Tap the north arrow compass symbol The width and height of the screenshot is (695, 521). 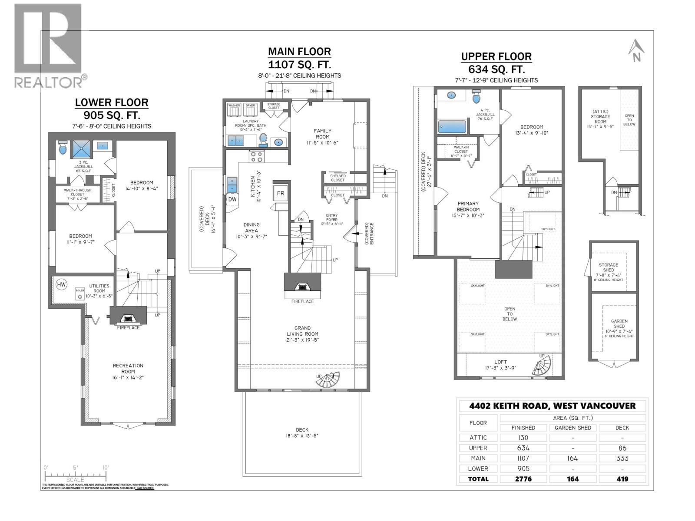[x=635, y=50]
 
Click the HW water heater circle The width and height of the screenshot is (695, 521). [x=61, y=284]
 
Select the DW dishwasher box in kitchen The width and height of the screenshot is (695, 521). [x=232, y=199]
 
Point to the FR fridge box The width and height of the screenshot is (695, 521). [x=281, y=193]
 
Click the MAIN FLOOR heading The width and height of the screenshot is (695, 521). [x=299, y=52]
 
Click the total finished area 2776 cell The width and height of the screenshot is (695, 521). [x=523, y=479]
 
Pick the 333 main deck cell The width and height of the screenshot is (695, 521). [x=622, y=458]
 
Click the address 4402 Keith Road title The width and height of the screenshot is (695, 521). [x=552, y=406]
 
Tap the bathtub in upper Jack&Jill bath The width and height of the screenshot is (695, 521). [x=452, y=126]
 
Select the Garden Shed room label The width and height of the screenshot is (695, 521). [x=619, y=324]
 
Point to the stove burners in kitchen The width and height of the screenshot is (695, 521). [x=256, y=156]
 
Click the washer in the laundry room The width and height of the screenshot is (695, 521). [x=234, y=111]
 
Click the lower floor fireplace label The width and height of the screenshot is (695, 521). [x=128, y=328]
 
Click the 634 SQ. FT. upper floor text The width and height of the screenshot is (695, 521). [x=496, y=69]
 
